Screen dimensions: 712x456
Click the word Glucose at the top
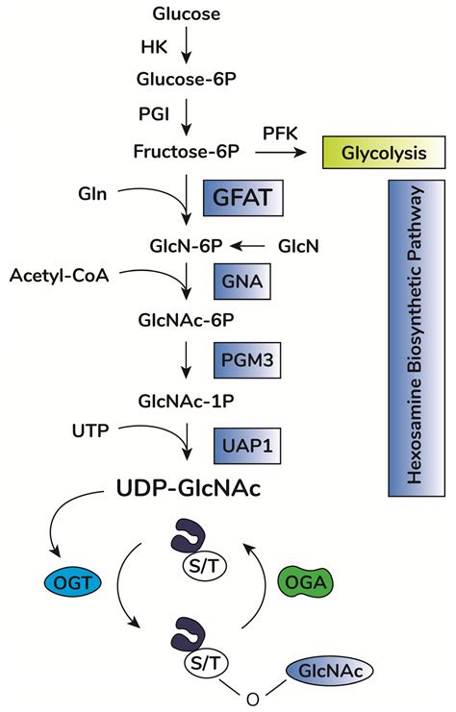187,13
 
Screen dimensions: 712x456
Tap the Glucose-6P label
187,79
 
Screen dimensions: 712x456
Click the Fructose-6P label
187,151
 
